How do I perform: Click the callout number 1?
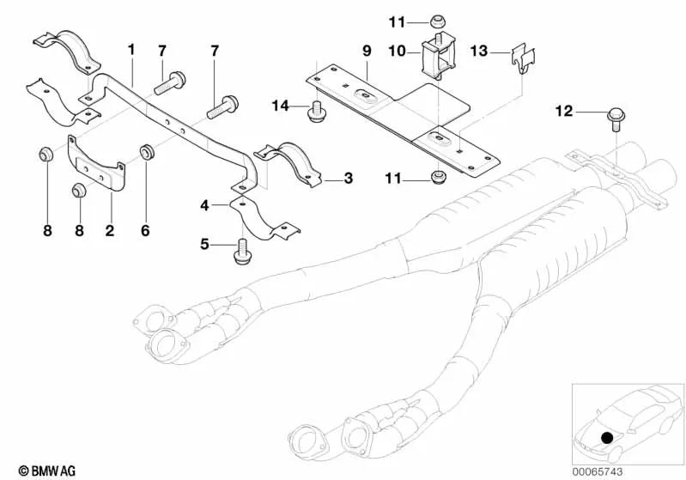pyautogui.click(x=131, y=50)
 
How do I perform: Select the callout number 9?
pyautogui.click(x=367, y=51)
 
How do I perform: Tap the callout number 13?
pyautogui.click(x=478, y=52)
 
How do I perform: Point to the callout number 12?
pyautogui.click(x=564, y=111)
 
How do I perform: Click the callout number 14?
pyautogui.click(x=281, y=106)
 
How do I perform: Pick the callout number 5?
pyautogui.click(x=204, y=244)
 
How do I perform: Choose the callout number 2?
pyautogui.click(x=109, y=230)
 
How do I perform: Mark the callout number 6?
pyautogui.click(x=145, y=230)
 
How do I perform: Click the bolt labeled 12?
pyautogui.click(x=616, y=119)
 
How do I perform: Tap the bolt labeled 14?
pyautogui.click(x=316, y=112)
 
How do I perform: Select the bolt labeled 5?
pyautogui.click(x=241, y=252)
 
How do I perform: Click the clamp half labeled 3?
pyautogui.click(x=288, y=164)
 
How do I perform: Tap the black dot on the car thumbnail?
pyautogui.click(x=606, y=438)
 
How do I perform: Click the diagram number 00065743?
pyautogui.click(x=598, y=471)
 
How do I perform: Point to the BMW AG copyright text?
pyautogui.click(x=47, y=471)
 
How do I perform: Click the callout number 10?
pyautogui.click(x=398, y=52)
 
